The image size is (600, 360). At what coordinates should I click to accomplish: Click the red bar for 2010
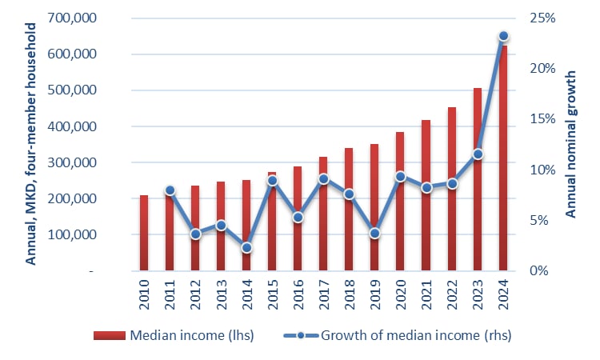[144, 233]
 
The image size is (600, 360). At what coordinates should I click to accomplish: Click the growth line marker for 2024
[503, 37]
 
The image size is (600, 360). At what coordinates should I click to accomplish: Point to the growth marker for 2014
[246, 248]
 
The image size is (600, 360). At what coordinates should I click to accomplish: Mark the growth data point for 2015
[272, 181]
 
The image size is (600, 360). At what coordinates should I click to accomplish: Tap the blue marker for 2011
[170, 190]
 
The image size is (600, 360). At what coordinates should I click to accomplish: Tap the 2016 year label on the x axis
[298, 298]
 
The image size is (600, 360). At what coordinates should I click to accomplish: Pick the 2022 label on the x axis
[452, 298]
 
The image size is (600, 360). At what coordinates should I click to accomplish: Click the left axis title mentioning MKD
[32, 144]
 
